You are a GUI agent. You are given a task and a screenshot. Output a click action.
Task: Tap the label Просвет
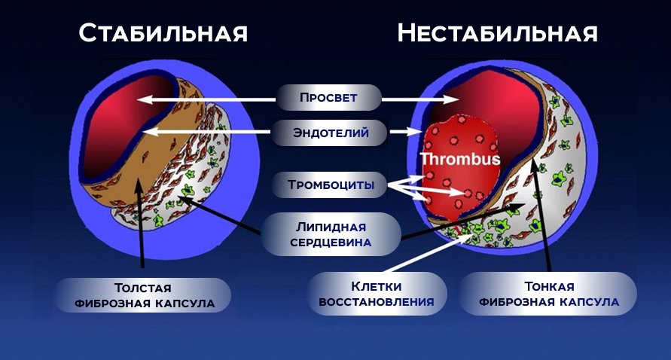pyautogui.click(x=328, y=98)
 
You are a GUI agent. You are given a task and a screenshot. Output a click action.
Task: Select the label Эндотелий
pyautogui.click(x=331, y=133)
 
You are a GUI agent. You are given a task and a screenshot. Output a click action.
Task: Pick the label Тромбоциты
pyautogui.click(x=331, y=185)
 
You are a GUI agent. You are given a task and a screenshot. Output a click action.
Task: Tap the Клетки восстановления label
pyautogui.click(x=377, y=294)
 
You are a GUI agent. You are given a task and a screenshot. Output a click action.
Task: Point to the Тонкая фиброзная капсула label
pyautogui.click(x=547, y=294)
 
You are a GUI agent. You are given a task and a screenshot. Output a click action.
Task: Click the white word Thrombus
pyautogui.click(x=460, y=160)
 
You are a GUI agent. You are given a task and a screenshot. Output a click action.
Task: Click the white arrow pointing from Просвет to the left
pyautogui.click(x=211, y=99)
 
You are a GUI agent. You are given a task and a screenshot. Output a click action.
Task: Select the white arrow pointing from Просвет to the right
pyautogui.click(x=404, y=99)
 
